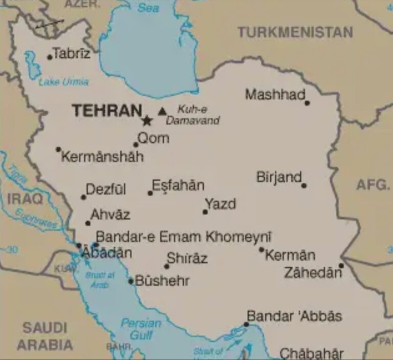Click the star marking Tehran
147,121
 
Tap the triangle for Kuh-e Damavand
162,111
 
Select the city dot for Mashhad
307,103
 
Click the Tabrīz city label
72,54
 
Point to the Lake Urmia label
63,81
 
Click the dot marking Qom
136,144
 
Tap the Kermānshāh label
102,157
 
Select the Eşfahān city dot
150,193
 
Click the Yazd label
221,204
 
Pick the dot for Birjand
304,185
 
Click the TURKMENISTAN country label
295,32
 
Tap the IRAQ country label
25,199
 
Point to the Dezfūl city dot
83,197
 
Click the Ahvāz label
110,215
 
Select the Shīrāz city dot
166,266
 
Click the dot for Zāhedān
341,265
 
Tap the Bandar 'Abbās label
294,315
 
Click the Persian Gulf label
141,329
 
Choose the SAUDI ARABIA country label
45,336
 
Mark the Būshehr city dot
131,281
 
